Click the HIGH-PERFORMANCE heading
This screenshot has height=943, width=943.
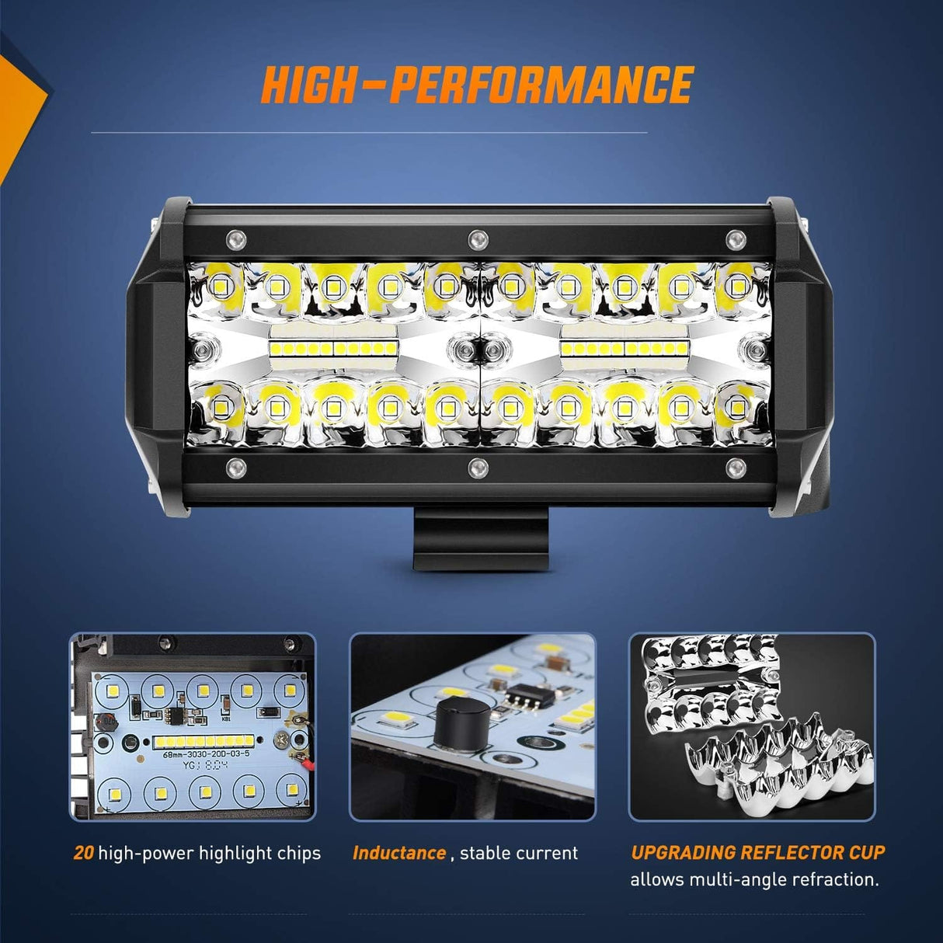[x=477, y=85]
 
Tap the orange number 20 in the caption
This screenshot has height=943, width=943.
[x=83, y=853]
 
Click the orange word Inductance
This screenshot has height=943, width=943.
[x=399, y=853]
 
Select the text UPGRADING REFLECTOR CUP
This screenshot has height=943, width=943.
[x=757, y=852]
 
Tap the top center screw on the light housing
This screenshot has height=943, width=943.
[x=478, y=237]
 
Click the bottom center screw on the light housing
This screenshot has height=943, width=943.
[x=478, y=468]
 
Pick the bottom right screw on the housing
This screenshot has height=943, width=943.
[x=735, y=468]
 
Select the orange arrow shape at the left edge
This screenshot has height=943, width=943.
[x=19, y=109]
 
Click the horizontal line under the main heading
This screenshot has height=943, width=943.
[x=369, y=133]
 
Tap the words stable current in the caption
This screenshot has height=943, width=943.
[x=519, y=853]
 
